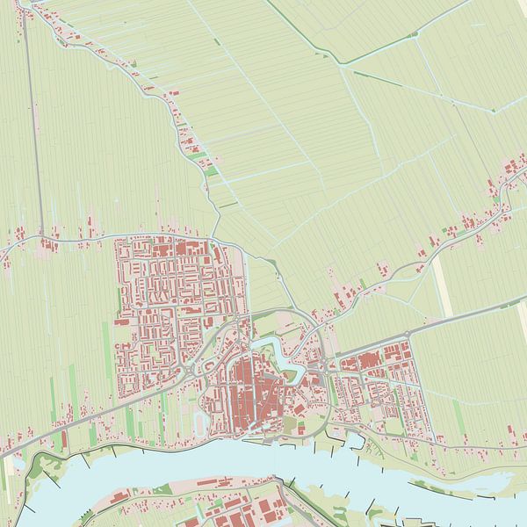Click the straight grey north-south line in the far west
33,132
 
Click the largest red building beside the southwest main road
63,437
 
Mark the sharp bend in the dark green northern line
344,63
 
